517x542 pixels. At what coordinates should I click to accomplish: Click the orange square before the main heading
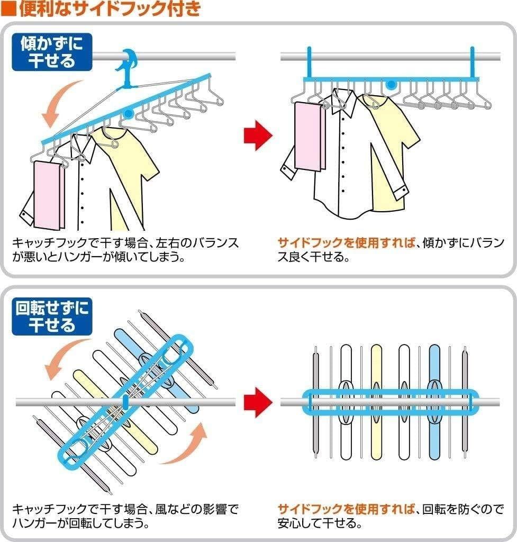tap(9, 9)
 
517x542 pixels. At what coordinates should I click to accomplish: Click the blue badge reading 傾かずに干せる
tap(52, 52)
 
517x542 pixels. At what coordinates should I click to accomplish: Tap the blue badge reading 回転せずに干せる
tap(52, 317)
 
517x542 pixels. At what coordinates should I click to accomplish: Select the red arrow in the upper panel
tap(258, 135)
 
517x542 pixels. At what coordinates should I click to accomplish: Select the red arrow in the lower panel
tap(258, 402)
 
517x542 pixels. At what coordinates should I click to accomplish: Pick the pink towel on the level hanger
tap(310, 136)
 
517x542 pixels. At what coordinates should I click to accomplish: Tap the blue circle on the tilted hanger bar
tap(129, 113)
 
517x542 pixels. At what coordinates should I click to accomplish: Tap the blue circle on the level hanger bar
tap(391, 84)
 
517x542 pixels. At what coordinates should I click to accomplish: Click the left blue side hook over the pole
tap(309, 62)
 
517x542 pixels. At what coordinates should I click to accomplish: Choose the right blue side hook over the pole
tap(472, 62)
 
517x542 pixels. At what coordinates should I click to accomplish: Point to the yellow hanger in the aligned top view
tap(376, 402)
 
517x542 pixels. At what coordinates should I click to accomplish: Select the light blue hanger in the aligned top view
tap(434, 402)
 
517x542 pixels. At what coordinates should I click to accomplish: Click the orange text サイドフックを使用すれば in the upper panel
tap(346, 243)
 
